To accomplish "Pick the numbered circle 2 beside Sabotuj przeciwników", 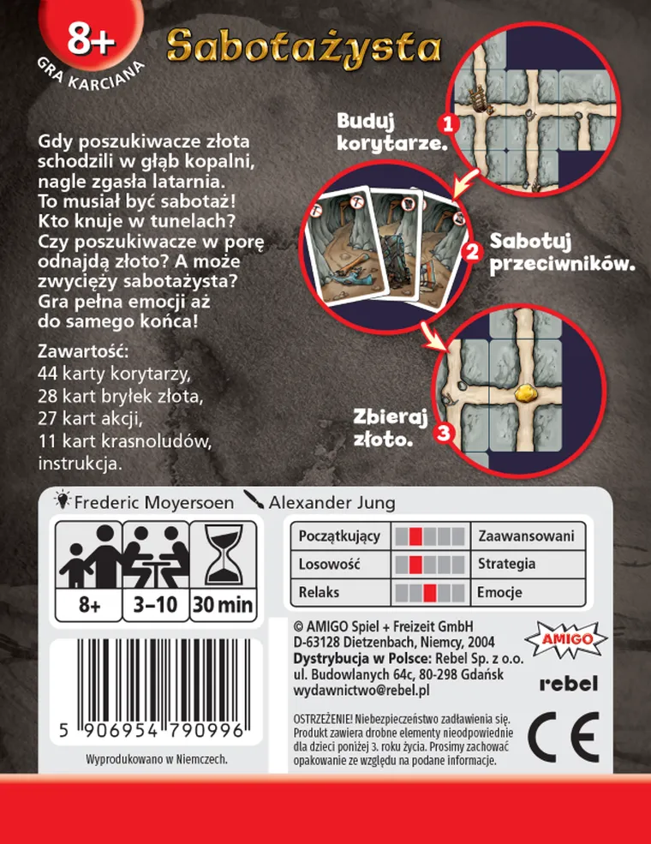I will click(470, 252).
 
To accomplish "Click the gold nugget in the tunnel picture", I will click(524, 392).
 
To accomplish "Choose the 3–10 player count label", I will click(156, 605).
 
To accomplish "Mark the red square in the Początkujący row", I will click(415, 536).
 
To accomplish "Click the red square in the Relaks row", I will click(431, 592).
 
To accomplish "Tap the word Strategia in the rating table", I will click(507, 564).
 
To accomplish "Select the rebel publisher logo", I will click(568, 684).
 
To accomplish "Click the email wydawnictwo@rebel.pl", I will click(361, 690).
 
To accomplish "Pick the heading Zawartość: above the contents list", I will click(83, 352).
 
